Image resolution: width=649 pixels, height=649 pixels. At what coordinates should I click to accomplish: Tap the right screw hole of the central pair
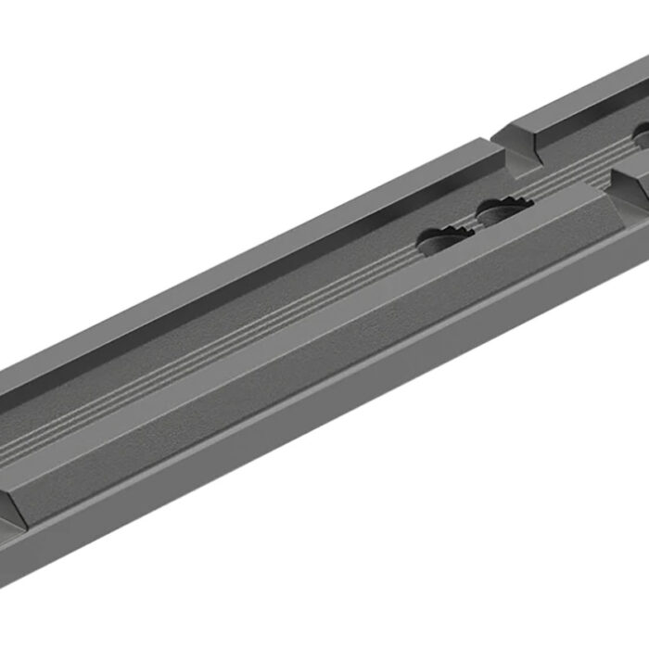tap(501, 212)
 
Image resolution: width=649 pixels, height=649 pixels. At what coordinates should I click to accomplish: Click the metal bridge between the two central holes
tap(470, 223)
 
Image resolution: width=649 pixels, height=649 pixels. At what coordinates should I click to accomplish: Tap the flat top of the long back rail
tap(278, 241)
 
